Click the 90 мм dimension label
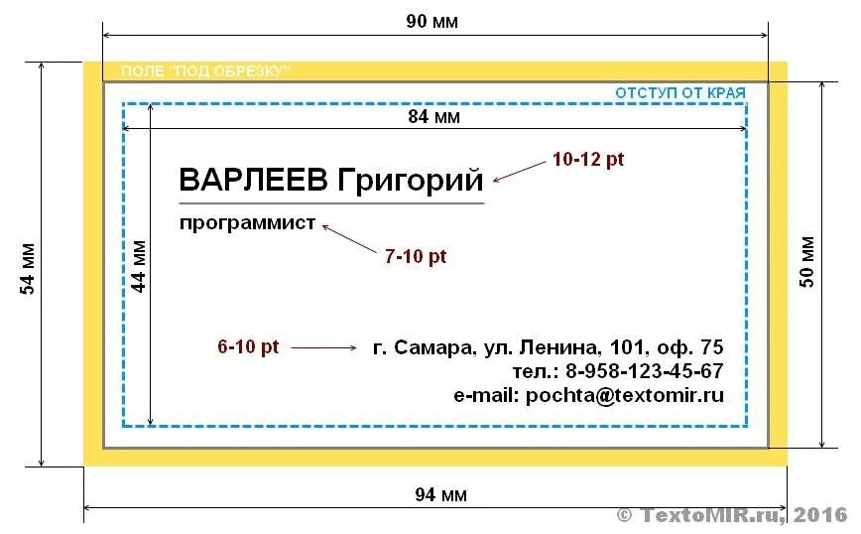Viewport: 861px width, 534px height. (x=432, y=22)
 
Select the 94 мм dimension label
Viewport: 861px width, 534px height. (x=440, y=495)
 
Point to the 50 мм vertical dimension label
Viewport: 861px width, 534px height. (x=807, y=261)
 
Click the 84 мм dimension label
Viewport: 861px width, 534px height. (x=434, y=117)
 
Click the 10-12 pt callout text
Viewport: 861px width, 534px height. (x=588, y=159)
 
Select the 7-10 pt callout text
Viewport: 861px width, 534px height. (x=416, y=256)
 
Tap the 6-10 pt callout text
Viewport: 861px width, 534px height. (x=248, y=347)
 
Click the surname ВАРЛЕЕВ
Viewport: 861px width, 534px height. (x=254, y=181)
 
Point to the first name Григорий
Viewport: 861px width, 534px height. (x=410, y=181)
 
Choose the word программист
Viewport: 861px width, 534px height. (x=247, y=222)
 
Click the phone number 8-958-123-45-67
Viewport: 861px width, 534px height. (x=645, y=372)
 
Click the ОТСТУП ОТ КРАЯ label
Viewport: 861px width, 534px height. (x=679, y=92)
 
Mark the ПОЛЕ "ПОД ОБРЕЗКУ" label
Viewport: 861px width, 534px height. (x=205, y=71)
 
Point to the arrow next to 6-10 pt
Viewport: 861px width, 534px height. (x=323, y=347)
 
